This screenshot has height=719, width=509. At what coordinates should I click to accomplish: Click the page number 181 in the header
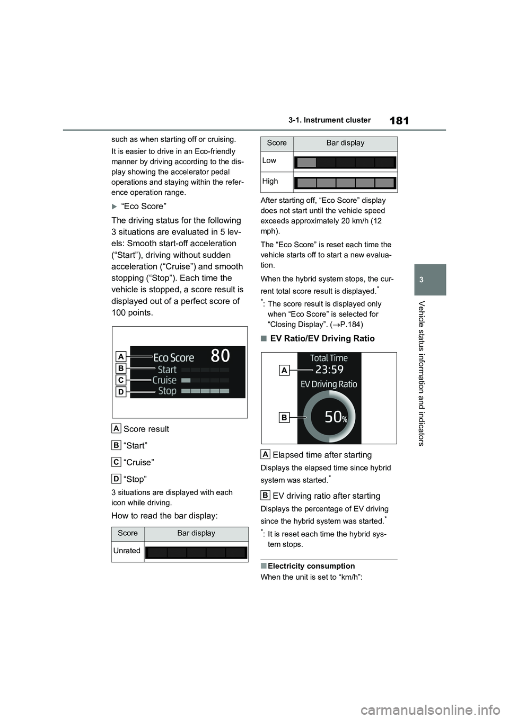pos(399,121)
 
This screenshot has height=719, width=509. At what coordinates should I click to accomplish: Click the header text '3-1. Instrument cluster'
pos(329,120)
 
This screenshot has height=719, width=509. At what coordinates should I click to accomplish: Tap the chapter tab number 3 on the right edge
pos(431,280)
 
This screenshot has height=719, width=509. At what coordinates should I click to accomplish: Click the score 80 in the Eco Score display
pos(220,355)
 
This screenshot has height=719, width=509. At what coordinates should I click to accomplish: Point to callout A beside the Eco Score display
pos(121,356)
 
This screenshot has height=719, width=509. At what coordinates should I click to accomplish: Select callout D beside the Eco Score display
pos(121,392)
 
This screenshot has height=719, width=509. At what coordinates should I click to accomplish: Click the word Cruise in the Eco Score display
pos(164,380)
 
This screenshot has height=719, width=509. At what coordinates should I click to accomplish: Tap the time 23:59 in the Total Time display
pos(329,370)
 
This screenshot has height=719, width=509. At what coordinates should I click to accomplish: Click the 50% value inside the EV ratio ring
pos(336,417)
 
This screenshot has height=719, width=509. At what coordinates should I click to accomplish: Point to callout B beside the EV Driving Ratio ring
pos(284,418)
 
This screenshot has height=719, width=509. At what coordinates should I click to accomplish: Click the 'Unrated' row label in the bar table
pos(127,551)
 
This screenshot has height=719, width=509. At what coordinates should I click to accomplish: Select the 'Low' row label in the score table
pos(269,160)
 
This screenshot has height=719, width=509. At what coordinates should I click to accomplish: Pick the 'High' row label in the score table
pos(270,181)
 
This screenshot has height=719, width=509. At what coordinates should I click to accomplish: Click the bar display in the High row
pos(345,183)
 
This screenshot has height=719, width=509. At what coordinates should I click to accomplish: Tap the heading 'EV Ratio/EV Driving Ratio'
pos(322,338)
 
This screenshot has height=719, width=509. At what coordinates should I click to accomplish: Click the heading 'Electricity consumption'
pos(311,566)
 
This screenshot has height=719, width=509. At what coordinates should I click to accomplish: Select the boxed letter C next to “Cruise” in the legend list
pos(116,462)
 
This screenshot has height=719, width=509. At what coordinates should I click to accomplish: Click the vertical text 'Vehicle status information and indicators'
pos(422,373)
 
